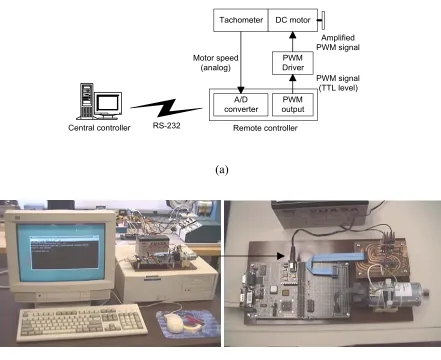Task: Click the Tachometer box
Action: click(241, 20)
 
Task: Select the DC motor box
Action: click(293, 20)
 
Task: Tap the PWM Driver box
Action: click(293, 63)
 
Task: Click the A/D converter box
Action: click(241, 104)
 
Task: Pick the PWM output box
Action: click(293, 104)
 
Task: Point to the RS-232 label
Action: click(166, 126)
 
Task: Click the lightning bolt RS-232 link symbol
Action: click(166, 108)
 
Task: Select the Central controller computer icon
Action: click(99, 101)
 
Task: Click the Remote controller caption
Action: click(265, 128)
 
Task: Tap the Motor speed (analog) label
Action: click(215, 63)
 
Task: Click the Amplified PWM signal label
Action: click(338, 43)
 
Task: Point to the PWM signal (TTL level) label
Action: click(338, 83)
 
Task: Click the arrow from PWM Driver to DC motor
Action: click(293, 42)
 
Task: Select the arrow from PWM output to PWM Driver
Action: click(293, 84)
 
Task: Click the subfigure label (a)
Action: click(222, 170)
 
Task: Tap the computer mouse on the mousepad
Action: click(175, 323)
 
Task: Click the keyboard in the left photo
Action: click(82, 323)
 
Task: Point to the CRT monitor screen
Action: click(61, 252)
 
